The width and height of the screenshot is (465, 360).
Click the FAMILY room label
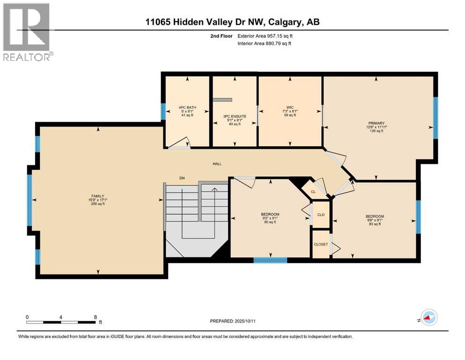point(97,196)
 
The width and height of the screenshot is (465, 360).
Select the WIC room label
point(290,107)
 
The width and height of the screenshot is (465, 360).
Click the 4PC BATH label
point(187,107)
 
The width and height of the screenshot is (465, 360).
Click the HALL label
point(217,164)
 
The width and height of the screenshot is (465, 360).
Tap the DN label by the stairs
point(182,178)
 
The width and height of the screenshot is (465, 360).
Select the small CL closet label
point(313,191)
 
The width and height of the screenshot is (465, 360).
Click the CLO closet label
point(321,215)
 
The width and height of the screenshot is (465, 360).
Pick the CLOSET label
point(321,245)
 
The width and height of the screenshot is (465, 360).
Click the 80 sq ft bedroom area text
point(270,222)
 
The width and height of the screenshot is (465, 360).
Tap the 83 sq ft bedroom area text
point(375,224)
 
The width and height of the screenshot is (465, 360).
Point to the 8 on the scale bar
point(96,317)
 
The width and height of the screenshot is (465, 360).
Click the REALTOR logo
point(27,32)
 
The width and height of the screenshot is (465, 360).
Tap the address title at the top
point(232,22)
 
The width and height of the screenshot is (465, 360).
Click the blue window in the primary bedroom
point(435,118)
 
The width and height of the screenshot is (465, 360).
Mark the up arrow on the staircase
point(214,190)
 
